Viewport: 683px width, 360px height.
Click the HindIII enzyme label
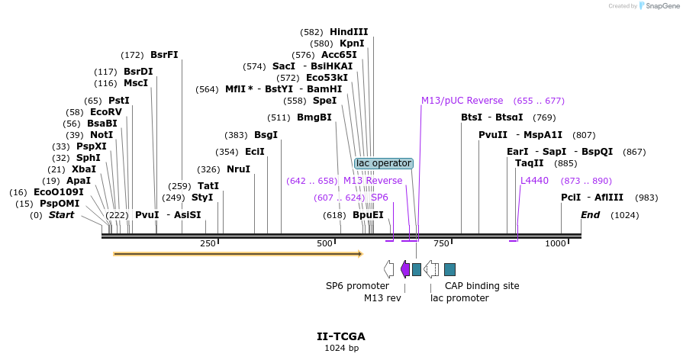[349, 32]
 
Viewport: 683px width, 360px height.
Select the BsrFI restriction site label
[164, 55]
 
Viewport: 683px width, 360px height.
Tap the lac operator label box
[384, 163]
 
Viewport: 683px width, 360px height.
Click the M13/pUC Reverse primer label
[462, 101]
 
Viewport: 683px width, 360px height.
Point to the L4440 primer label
[534, 181]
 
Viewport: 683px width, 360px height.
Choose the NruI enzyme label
[238, 169]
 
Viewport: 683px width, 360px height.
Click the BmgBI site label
[314, 117]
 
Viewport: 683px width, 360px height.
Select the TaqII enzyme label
[529, 163]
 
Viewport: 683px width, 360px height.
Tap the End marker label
[590, 215]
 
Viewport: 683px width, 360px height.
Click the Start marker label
[62, 215]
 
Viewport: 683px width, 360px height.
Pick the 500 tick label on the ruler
[325, 243]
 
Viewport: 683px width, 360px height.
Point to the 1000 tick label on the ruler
[556, 243]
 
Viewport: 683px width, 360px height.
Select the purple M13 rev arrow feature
[404, 268]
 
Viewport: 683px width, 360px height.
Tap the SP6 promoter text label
[357, 286]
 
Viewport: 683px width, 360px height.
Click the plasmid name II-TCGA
[341, 336]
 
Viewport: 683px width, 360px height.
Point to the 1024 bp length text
[341, 349]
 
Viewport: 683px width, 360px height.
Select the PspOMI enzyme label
[59, 204]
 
